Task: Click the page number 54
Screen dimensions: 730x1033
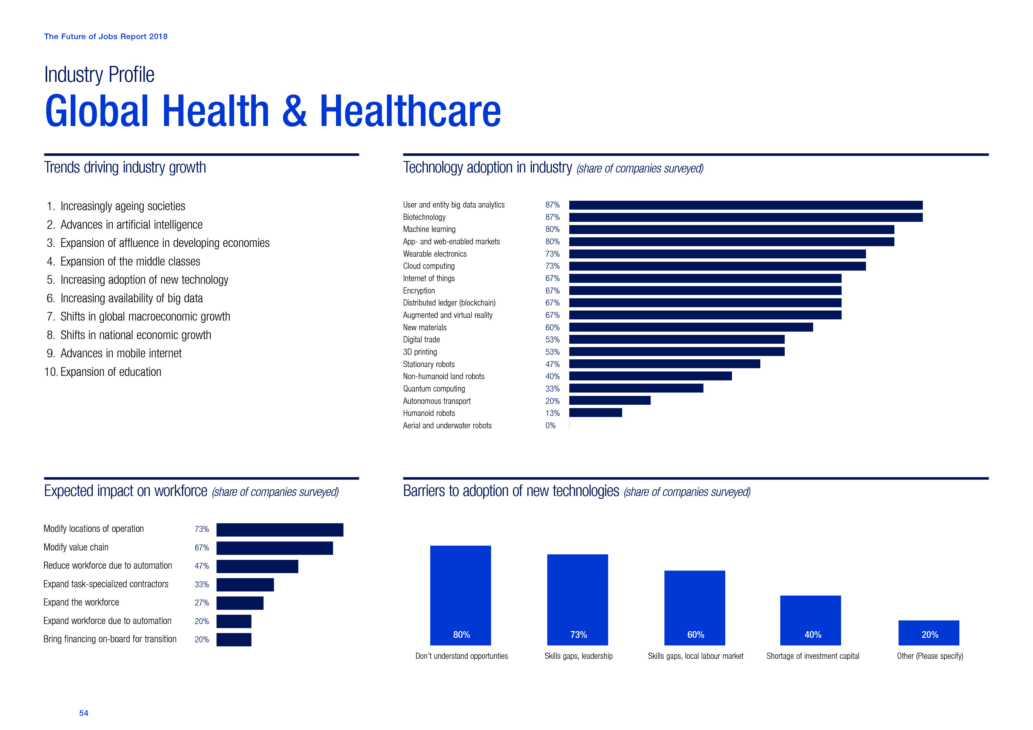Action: [x=84, y=713]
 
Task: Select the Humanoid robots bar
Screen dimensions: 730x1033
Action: [x=595, y=413]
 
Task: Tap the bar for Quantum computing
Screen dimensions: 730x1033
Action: [x=636, y=388]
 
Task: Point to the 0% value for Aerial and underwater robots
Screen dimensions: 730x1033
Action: [x=550, y=426]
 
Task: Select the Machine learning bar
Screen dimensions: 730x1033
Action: [x=731, y=229]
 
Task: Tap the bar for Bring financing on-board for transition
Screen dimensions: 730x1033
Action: [x=234, y=640]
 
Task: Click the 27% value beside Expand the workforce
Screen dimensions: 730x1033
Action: [x=201, y=603]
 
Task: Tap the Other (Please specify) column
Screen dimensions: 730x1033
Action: [x=929, y=633]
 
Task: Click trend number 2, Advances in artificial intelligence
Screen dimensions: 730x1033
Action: [x=131, y=224]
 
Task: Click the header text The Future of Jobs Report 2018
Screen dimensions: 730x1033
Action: [x=106, y=36]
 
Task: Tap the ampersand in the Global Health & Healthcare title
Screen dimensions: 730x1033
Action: [x=295, y=111]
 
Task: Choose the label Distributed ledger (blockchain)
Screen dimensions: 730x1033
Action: [x=449, y=303]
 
